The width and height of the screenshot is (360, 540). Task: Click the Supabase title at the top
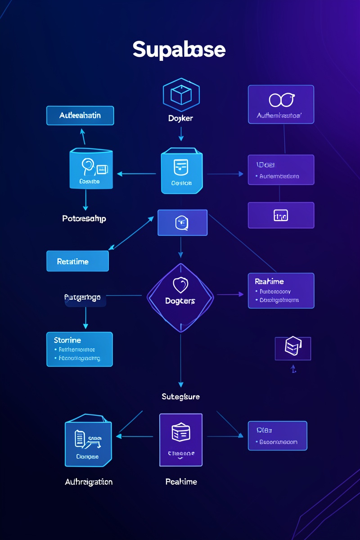click(179, 50)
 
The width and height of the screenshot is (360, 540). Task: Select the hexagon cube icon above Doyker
click(180, 95)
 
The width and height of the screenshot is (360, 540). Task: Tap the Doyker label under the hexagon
click(180, 118)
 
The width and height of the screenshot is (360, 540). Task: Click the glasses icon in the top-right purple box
click(281, 100)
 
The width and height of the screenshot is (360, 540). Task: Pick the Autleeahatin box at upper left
click(80, 116)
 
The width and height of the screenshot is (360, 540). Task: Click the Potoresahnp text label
click(84, 218)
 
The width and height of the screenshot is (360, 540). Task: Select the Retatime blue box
click(77, 261)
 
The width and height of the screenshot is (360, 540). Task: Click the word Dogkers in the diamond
click(180, 301)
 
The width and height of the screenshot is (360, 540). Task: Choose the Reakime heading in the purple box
click(269, 281)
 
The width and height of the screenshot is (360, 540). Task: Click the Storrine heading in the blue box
click(67, 340)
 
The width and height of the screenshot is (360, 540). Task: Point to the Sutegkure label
click(180, 396)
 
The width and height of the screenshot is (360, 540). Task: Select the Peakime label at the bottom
click(181, 481)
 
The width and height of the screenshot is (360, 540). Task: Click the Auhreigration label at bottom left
click(89, 481)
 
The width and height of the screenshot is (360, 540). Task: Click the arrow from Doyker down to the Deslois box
click(180, 134)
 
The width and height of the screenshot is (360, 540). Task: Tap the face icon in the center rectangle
click(182, 222)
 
